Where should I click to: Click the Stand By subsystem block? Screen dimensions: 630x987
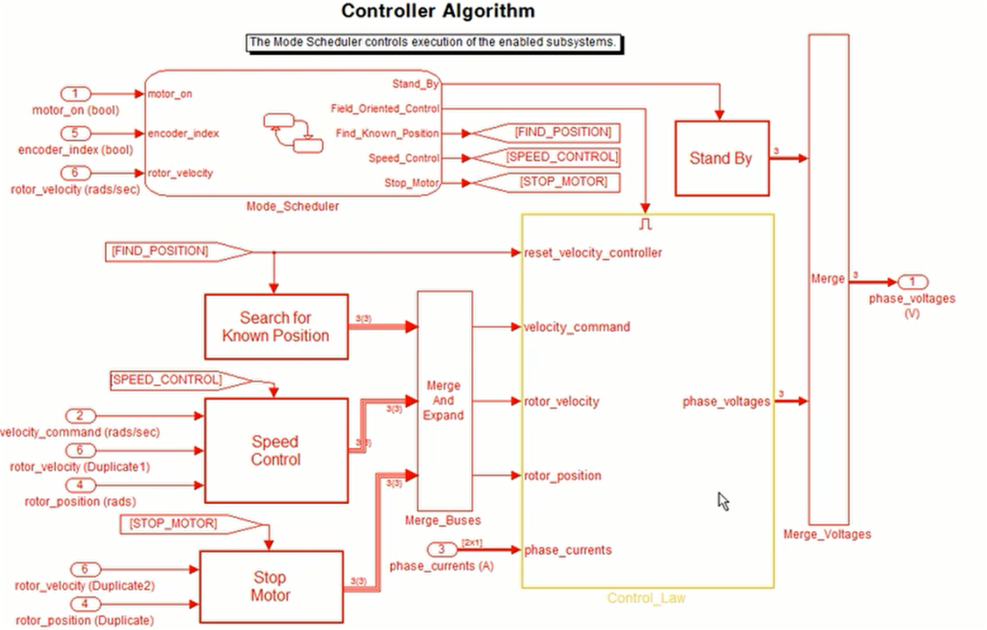point(721,158)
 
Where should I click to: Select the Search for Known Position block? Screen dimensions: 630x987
point(275,326)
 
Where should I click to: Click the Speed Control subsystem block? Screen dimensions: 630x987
point(275,450)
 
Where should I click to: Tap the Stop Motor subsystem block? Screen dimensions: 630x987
point(271,586)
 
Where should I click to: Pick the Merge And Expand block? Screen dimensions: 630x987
point(444,400)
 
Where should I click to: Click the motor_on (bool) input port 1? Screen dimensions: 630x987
point(77,93)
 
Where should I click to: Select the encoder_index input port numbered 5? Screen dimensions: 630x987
point(77,133)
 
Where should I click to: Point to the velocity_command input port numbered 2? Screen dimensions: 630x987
point(80,415)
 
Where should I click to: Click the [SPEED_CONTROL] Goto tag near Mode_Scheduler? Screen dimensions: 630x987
point(551,157)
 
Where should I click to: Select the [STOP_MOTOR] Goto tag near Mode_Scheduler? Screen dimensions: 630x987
point(551,182)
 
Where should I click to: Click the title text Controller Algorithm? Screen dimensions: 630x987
point(438,11)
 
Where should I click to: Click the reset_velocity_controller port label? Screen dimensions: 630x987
point(592,252)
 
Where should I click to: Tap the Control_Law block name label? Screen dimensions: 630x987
point(646,598)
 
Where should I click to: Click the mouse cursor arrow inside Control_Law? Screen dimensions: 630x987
point(723,500)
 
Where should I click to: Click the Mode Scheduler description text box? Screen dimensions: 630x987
point(438,42)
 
